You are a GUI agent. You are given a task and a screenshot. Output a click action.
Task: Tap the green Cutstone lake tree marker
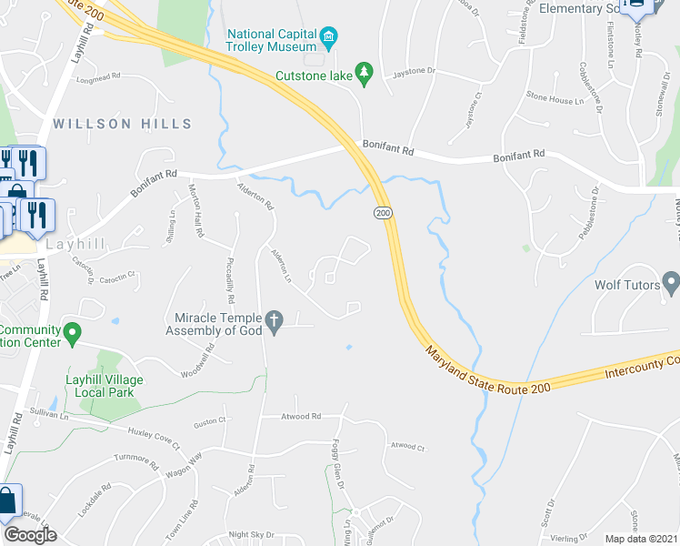365,73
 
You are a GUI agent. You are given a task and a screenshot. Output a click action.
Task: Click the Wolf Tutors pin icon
671,284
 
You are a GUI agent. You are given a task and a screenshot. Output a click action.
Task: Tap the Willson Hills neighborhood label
122,124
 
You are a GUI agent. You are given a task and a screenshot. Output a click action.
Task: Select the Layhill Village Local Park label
100,386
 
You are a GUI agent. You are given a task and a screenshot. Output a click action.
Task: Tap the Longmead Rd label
100,77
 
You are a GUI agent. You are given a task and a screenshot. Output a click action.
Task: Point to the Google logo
30,534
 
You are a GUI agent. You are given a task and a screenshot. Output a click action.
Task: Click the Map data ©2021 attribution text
641,539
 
